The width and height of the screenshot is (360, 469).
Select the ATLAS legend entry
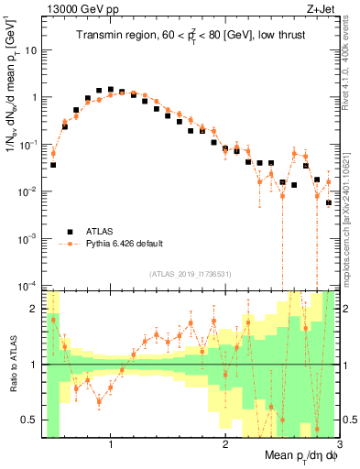pyautogui.click(x=101, y=231)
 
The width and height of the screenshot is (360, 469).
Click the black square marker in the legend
pyautogui.click(x=68, y=231)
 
